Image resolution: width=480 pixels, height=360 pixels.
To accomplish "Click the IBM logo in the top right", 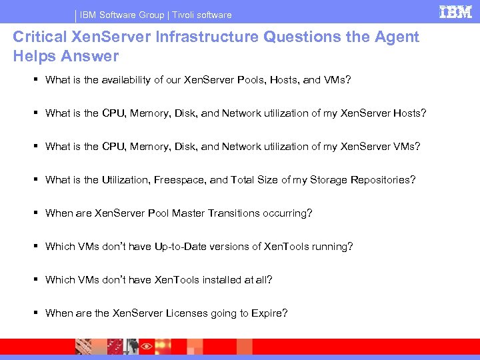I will pos(456,12).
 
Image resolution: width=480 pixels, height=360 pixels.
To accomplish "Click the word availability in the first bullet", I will pos(132,80).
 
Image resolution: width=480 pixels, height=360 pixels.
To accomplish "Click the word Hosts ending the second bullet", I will pos(407,113).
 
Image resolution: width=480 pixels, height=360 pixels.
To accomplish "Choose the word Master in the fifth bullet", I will pos(187,213).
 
